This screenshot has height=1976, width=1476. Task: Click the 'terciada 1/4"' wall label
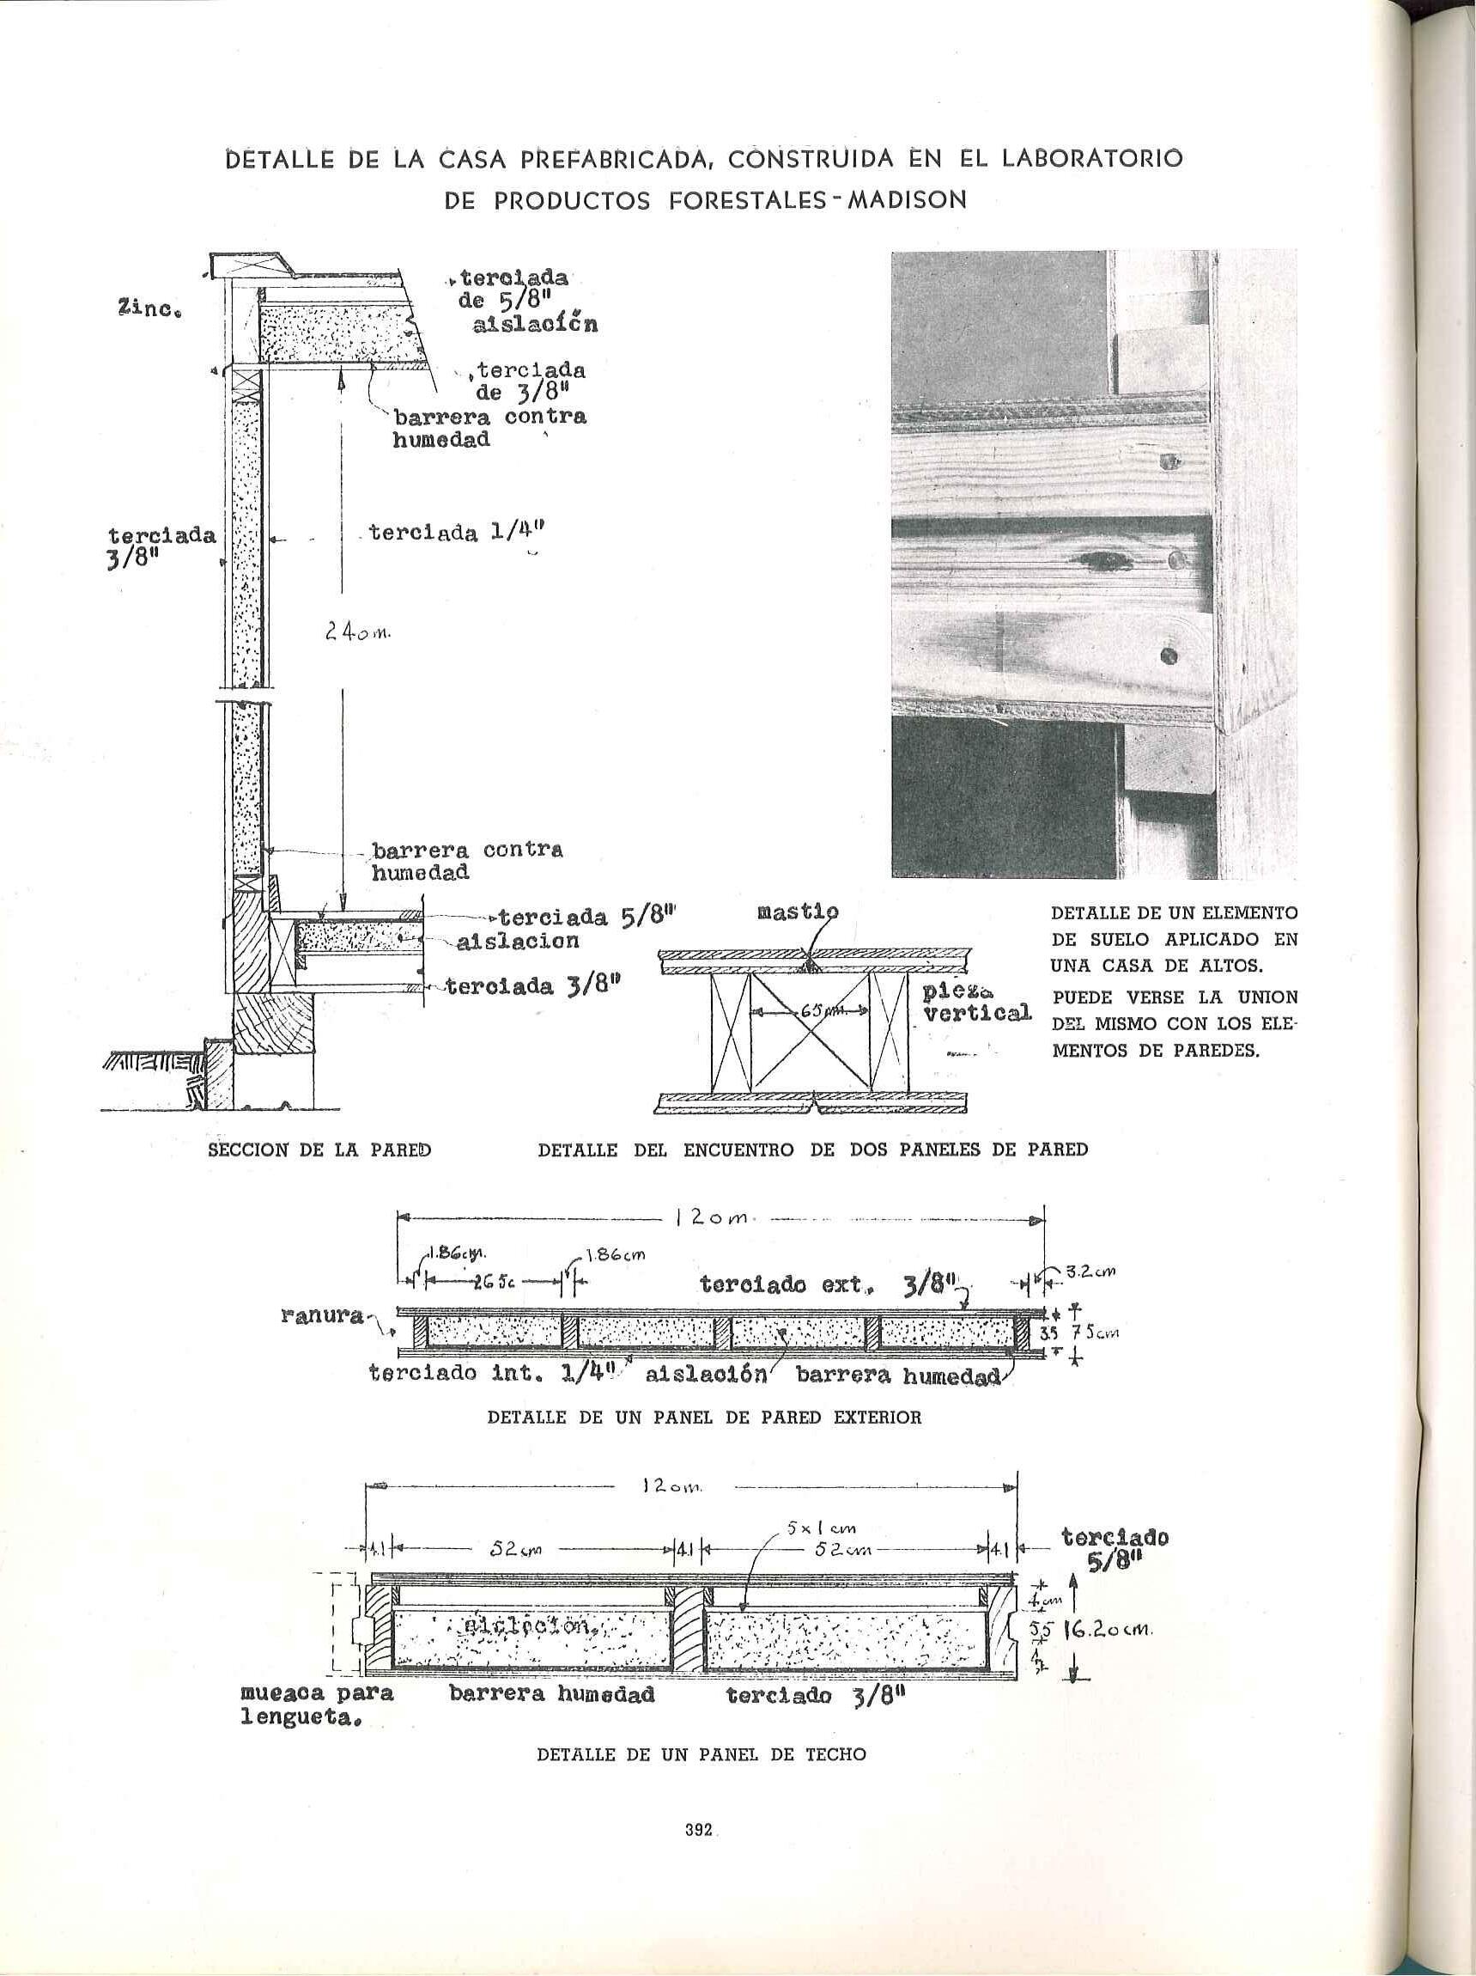click(456, 534)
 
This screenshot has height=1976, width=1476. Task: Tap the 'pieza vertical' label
click(977, 1003)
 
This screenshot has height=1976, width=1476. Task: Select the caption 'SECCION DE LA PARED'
click(319, 1150)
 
